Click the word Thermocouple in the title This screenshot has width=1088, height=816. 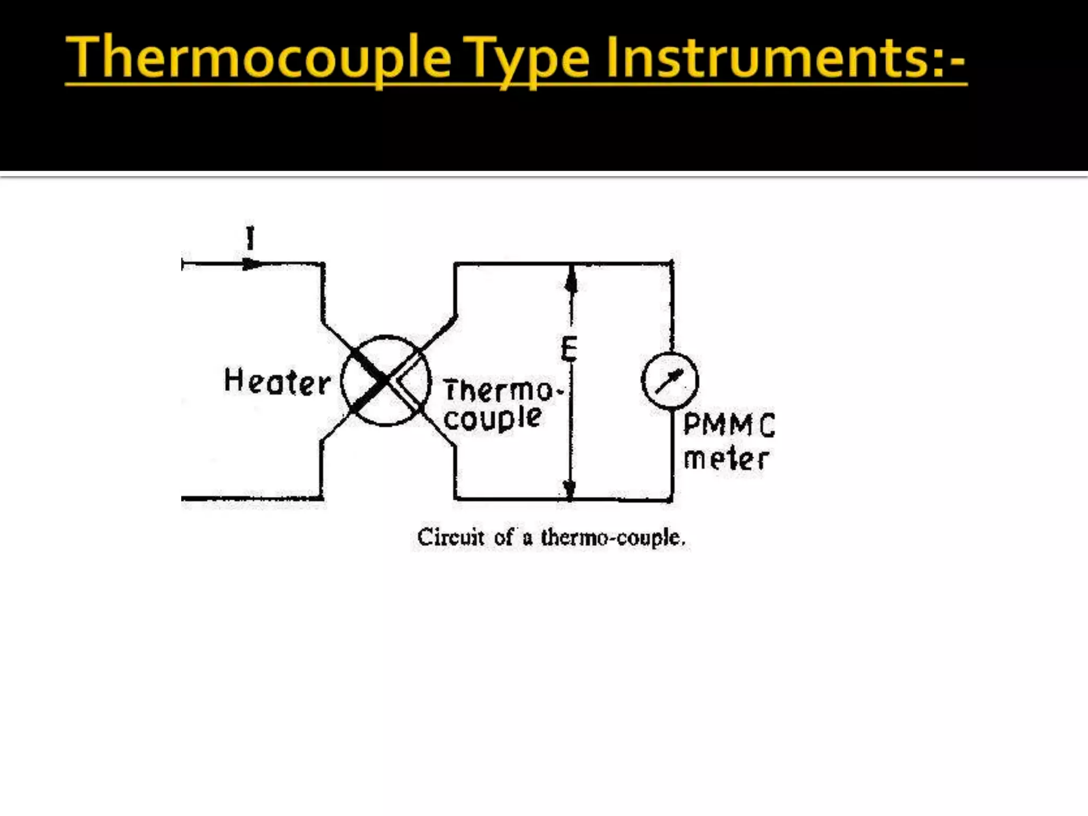(x=259, y=57)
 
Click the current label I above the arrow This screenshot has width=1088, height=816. (x=250, y=238)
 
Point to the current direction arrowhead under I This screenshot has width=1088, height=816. (x=252, y=263)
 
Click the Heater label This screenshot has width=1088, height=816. (x=277, y=381)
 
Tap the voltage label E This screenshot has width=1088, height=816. (x=568, y=350)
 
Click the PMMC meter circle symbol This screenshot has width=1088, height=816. (x=670, y=380)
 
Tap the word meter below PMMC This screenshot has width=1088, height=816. (x=726, y=460)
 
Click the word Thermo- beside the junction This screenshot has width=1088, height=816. (x=501, y=390)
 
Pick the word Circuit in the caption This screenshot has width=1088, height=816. (x=450, y=537)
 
